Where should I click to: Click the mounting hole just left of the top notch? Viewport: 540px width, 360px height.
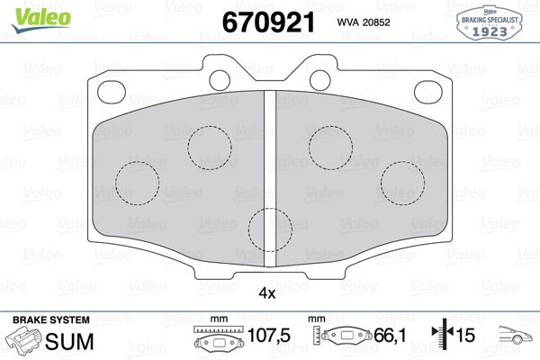[x=220, y=77]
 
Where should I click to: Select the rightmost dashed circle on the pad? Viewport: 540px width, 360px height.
[x=402, y=183]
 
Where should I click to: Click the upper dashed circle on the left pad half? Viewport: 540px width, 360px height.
[x=210, y=144]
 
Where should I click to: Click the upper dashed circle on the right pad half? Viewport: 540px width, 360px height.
[x=331, y=144]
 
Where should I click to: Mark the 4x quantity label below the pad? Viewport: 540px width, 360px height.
[x=267, y=292]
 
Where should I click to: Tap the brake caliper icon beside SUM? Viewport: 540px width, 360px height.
[x=26, y=340]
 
